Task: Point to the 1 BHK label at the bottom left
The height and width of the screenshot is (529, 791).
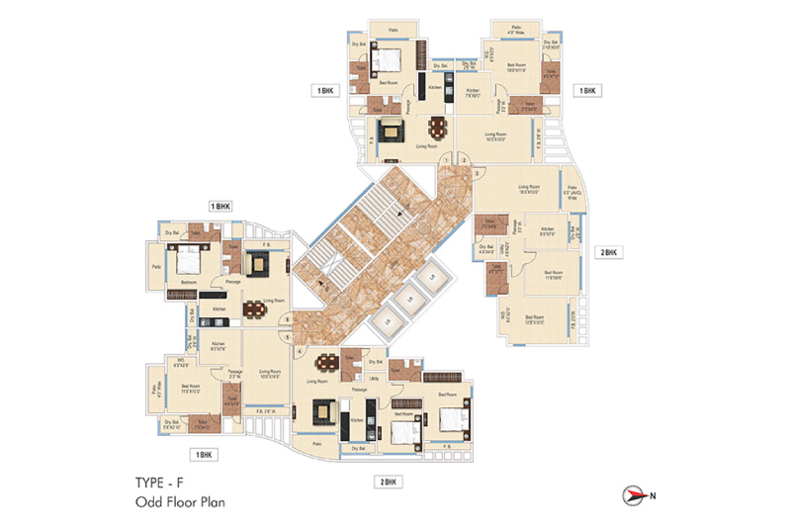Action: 206,455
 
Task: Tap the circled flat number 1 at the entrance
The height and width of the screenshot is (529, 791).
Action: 446,160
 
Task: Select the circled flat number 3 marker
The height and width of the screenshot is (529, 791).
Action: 477,173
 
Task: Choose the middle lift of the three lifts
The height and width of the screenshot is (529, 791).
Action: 406,301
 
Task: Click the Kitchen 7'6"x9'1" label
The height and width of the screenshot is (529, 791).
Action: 473,94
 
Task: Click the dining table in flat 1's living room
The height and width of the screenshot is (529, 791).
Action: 436,129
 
